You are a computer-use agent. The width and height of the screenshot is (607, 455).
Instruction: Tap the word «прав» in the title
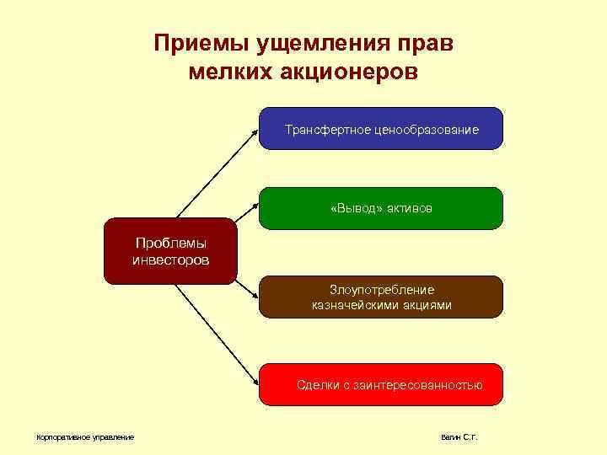[428, 44]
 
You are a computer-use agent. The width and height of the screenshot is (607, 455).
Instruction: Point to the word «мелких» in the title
[227, 72]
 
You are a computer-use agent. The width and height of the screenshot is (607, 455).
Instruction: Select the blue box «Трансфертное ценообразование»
[381, 129]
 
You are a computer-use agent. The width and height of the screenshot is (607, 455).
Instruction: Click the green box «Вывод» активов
[381, 208]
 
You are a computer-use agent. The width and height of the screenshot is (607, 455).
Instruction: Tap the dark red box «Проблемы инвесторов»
[170, 251]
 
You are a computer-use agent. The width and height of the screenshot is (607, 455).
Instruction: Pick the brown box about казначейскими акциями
[381, 297]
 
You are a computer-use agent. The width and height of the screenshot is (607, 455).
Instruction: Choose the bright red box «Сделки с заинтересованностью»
[381, 385]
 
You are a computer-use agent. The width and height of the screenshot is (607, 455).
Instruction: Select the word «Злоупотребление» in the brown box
[381, 289]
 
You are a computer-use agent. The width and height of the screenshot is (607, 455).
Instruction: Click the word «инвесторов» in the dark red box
[170, 260]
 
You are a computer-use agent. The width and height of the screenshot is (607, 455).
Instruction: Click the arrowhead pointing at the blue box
[255, 131]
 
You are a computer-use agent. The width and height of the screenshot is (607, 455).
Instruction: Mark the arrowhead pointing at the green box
[255, 206]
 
